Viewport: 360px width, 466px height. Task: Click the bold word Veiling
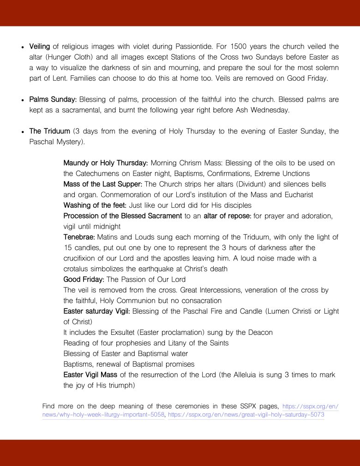pyautogui.click(x=39, y=47)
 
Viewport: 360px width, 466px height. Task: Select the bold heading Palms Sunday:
pyautogui.click(x=53, y=100)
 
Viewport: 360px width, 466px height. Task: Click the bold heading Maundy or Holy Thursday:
pyautogui.click(x=105, y=163)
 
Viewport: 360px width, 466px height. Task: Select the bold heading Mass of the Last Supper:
pyautogui.click(x=103, y=184)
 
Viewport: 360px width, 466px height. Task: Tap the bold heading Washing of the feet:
pyautogui.click(x=95, y=205)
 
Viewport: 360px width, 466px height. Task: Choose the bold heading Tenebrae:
pyautogui.click(x=79, y=237)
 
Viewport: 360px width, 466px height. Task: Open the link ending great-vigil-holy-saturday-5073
pyautogui.click(x=246, y=415)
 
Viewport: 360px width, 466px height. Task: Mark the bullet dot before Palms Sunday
pyautogui.click(x=23, y=100)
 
